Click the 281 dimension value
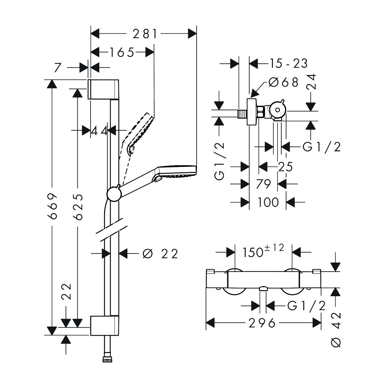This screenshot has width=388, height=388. click(x=143, y=34)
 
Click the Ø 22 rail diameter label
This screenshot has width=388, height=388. click(x=160, y=254)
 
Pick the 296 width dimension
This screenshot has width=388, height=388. click(x=262, y=323)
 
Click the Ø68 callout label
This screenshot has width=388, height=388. click(x=283, y=82)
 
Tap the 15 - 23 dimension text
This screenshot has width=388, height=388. click(x=288, y=64)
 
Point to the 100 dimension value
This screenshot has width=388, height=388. click(x=268, y=202)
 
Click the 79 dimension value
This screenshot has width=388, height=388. click(x=264, y=184)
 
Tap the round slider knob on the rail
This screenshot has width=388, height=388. click(x=113, y=194)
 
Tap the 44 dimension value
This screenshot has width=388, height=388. click(x=99, y=131)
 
